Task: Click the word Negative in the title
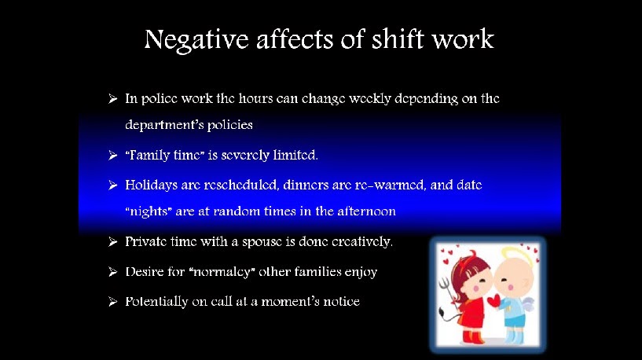coord(196,41)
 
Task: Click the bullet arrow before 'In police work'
coord(112,99)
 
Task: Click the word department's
coord(164,124)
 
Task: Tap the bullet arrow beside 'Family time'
coord(112,155)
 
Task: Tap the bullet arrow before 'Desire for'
coord(112,272)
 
